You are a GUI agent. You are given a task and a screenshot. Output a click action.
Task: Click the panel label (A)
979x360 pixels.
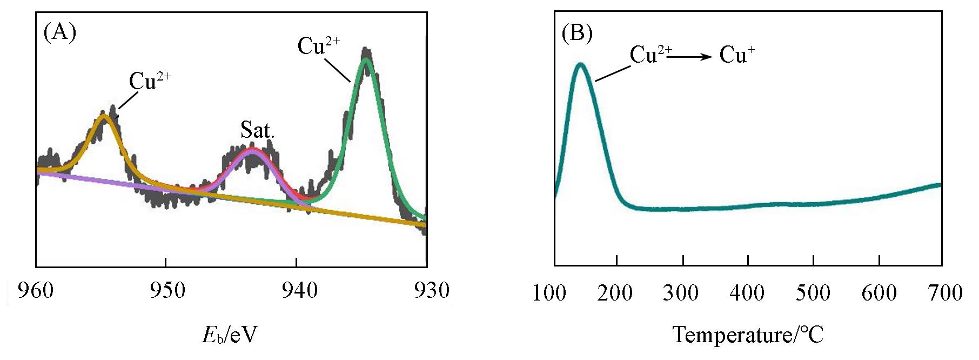pyautogui.click(x=59, y=32)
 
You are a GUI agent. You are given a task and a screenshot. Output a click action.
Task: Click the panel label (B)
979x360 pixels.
pyautogui.click(x=577, y=34)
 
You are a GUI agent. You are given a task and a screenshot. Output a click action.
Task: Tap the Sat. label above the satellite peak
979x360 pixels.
pyautogui.click(x=258, y=130)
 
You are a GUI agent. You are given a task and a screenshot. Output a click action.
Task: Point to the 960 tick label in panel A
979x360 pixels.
pyautogui.click(x=36, y=290)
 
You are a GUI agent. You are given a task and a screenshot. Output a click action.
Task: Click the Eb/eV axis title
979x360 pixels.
pyautogui.click(x=230, y=335)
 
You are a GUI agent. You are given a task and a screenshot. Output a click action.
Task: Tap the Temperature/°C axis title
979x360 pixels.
pyautogui.click(x=748, y=335)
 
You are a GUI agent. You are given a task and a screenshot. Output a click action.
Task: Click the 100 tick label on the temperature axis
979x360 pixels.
pyautogui.click(x=549, y=293)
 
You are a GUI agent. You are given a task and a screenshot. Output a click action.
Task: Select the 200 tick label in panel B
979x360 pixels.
pyautogui.click(x=616, y=293)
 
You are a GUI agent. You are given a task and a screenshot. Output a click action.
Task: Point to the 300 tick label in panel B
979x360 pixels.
pyautogui.click(x=681, y=293)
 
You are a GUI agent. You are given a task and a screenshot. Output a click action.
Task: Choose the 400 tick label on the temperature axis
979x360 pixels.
pyautogui.click(x=747, y=293)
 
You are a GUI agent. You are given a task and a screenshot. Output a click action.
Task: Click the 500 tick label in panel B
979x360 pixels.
pyautogui.click(x=813, y=293)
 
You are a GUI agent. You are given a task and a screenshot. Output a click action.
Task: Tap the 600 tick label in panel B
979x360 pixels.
pyautogui.click(x=879, y=293)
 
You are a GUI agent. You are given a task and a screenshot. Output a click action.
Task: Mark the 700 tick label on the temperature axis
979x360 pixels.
pyautogui.click(x=945, y=293)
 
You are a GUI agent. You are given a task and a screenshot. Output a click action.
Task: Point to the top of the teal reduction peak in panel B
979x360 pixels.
pyautogui.click(x=581, y=64)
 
